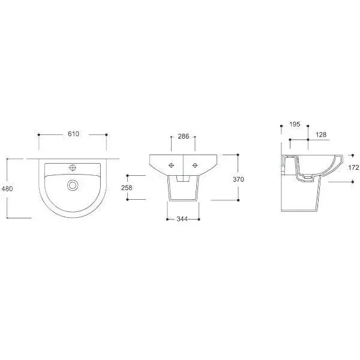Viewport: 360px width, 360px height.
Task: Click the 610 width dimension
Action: click(x=73, y=134)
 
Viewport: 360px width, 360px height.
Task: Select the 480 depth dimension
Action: click(x=7, y=189)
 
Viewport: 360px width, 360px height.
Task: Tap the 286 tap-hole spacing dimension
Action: click(x=184, y=136)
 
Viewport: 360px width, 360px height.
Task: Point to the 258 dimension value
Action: click(x=127, y=188)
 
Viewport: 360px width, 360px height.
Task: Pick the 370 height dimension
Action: click(x=238, y=179)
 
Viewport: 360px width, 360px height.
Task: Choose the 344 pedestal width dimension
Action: click(x=182, y=219)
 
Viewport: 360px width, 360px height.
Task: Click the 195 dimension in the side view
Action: click(x=295, y=124)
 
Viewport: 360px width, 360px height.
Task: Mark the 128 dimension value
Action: click(x=321, y=134)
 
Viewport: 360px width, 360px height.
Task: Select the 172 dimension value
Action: click(x=353, y=167)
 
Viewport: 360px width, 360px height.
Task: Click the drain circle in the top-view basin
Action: click(x=73, y=185)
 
